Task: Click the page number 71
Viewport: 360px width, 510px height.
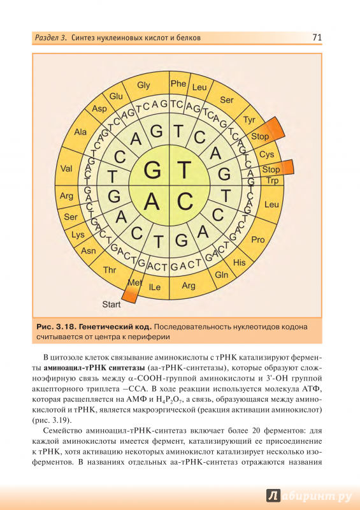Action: click(x=317, y=38)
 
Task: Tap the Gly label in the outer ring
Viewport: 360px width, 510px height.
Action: click(x=143, y=85)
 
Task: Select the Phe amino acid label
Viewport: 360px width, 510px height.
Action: click(x=178, y=84)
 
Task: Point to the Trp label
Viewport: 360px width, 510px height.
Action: click(x=272, y=180)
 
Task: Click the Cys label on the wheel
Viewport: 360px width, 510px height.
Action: click(x=267, y=154)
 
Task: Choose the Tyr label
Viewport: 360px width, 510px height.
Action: click(x=249, y=120)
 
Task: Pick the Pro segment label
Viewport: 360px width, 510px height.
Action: click(x=258, y=240)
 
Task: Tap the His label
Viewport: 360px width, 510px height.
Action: click(x=240, y=262)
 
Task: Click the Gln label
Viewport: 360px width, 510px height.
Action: click(x=222, y=275)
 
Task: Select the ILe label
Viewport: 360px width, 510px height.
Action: click(x=155, y=288)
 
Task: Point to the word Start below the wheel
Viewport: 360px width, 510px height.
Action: click(x=112, y=305)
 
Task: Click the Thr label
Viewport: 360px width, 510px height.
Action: click(x=110, y=270)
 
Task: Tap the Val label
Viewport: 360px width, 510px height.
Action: click(x=66, y=168)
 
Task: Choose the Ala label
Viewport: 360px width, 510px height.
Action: click(x=80, y=132)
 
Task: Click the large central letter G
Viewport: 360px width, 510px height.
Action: click(x=152, y=170)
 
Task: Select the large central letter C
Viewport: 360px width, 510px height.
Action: click(x=185, y=201)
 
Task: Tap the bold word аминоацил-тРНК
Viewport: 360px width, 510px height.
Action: click(x=67, y=368)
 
